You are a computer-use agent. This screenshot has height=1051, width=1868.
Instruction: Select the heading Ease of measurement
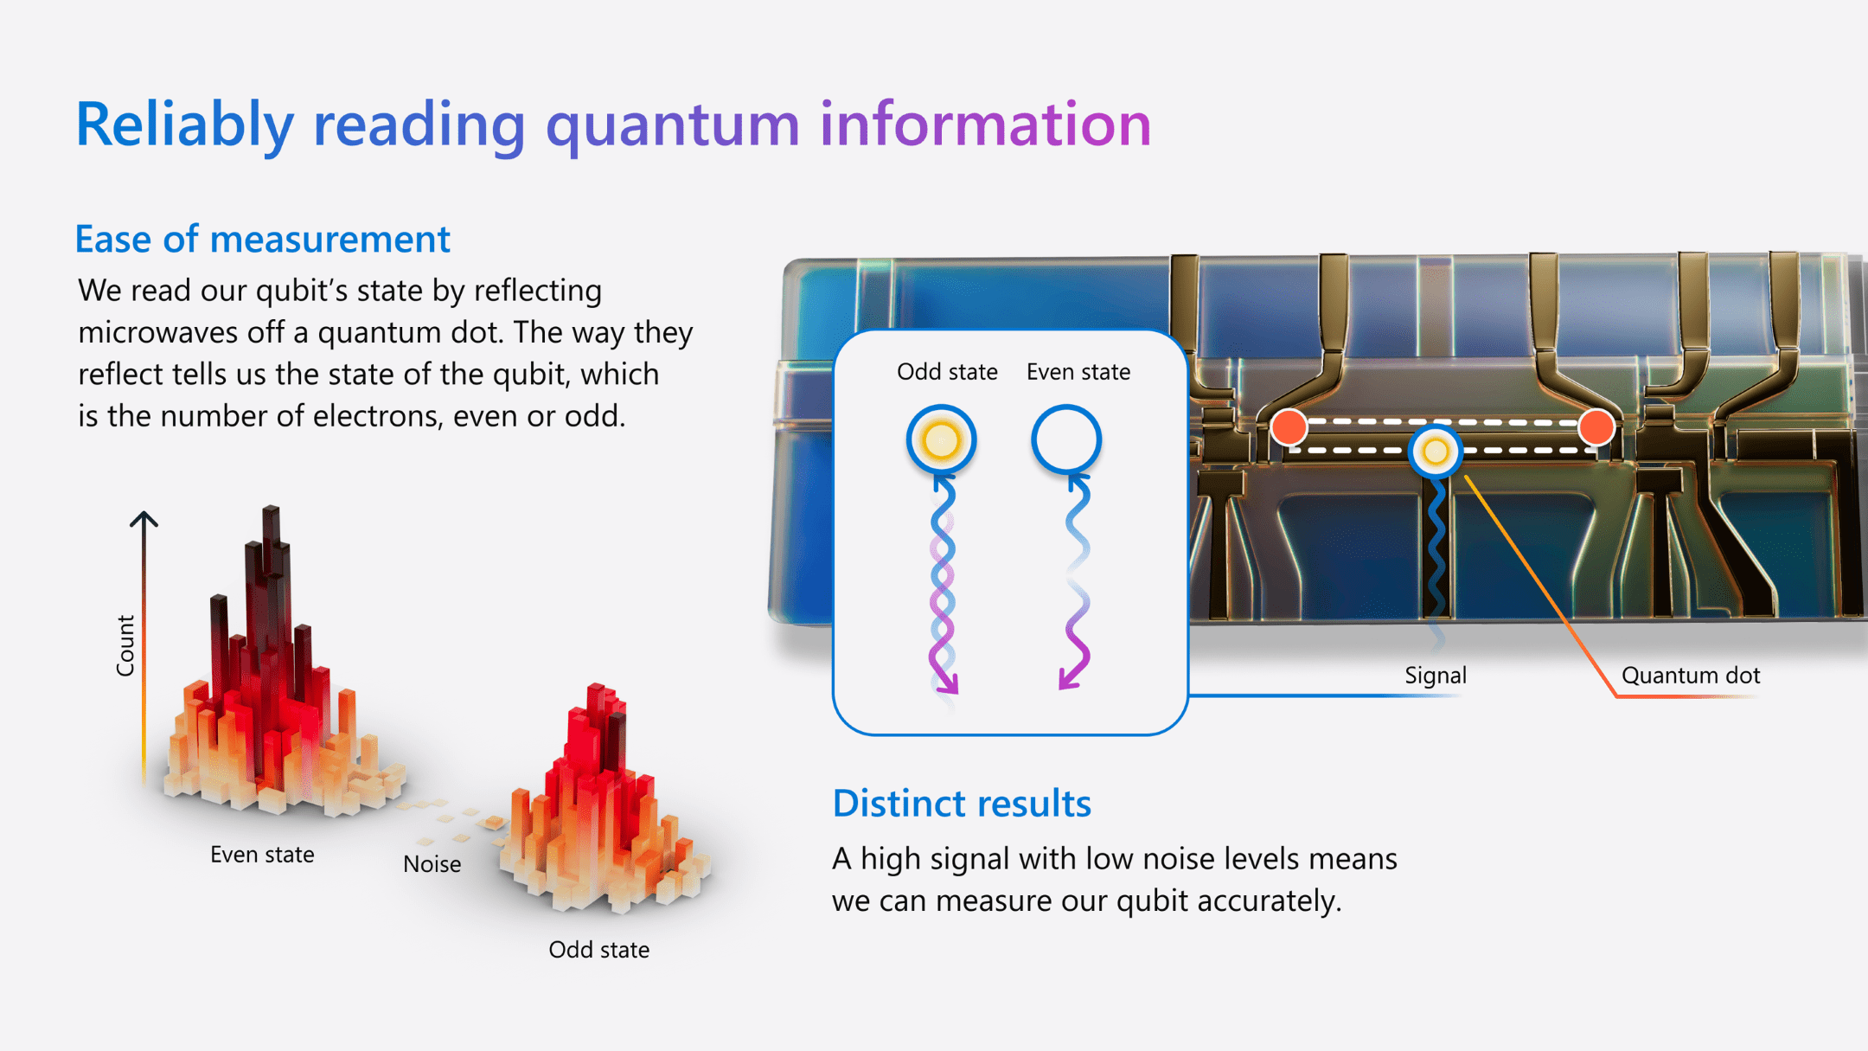click(262, 240)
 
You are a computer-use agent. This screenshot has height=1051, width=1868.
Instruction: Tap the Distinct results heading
click(961, 804)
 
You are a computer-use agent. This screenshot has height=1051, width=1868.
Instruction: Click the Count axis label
click(126, 645)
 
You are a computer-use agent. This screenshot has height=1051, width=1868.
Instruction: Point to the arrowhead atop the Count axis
click(144, 519)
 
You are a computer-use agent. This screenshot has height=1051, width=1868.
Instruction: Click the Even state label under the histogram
click(262, 855)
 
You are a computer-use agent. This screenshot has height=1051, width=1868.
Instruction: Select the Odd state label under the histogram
click(598, 950)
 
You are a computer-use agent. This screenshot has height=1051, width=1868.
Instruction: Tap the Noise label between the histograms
click(432, 864)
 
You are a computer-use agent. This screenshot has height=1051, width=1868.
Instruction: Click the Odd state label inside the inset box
click(947, 372)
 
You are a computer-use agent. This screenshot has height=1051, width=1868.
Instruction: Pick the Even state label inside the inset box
click(1078, 372)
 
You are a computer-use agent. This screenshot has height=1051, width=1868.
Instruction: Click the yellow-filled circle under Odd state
click(941, 440)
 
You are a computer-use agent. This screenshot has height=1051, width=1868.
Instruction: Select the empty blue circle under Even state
click(1065, 439)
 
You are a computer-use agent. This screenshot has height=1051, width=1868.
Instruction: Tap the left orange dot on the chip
click(1289, 427)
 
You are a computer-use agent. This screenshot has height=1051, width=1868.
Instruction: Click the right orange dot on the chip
click(1596, 426)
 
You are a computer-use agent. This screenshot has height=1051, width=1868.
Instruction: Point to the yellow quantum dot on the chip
click(1436, 451)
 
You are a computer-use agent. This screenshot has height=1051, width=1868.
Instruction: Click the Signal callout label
click(1435, 676)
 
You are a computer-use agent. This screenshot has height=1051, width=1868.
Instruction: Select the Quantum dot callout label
click(1690, 676)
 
